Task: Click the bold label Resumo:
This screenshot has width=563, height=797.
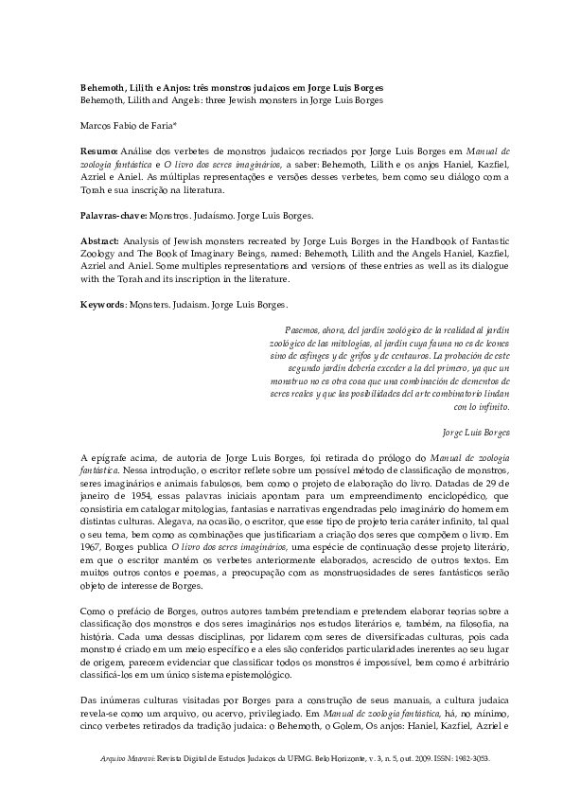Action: pos(98,151)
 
